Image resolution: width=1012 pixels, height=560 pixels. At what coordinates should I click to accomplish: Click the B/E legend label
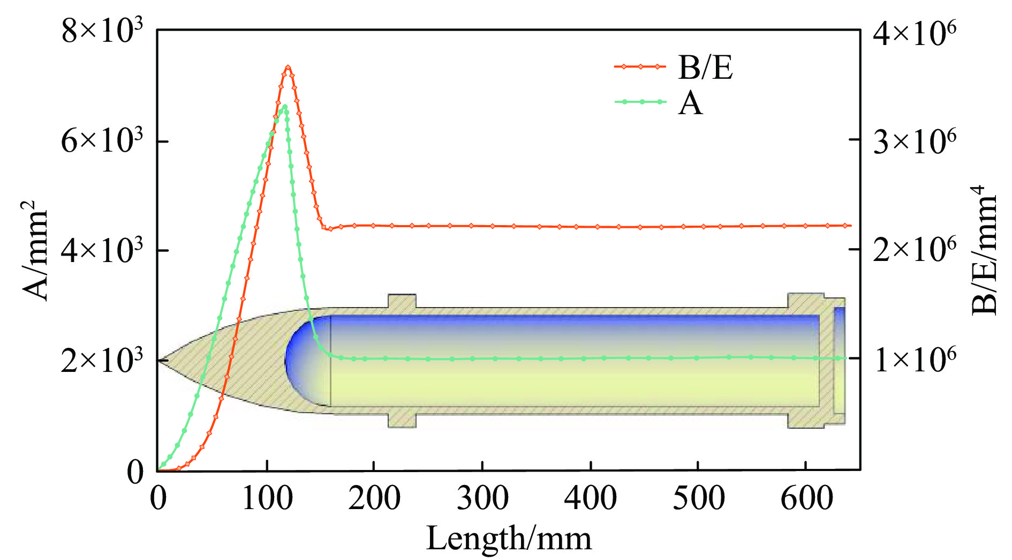click(705, 68)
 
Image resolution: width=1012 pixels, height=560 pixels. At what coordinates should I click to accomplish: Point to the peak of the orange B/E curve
click(288, 67)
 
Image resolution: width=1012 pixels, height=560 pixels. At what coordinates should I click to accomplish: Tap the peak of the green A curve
click(285, 106)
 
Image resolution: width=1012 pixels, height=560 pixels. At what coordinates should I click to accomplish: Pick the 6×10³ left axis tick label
click(102, 141)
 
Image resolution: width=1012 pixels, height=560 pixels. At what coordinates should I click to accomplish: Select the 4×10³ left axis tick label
click(102, 251)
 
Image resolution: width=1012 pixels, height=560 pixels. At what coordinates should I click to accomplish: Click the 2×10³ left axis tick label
click(102, 360)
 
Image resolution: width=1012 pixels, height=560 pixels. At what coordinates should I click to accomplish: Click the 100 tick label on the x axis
click(267, 498)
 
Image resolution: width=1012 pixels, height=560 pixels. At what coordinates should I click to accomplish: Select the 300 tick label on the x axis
click(482, 498)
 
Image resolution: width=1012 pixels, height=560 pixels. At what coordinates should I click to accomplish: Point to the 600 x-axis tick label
click(806, 498)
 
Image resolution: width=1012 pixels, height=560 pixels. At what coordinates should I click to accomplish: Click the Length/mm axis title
click(509, 539)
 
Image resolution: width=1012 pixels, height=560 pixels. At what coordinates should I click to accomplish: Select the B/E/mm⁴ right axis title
click(984, 250)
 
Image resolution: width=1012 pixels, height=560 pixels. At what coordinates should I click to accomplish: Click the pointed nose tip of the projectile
click(160, 361)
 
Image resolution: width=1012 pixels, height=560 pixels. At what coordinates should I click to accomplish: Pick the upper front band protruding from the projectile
click(402, 301)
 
